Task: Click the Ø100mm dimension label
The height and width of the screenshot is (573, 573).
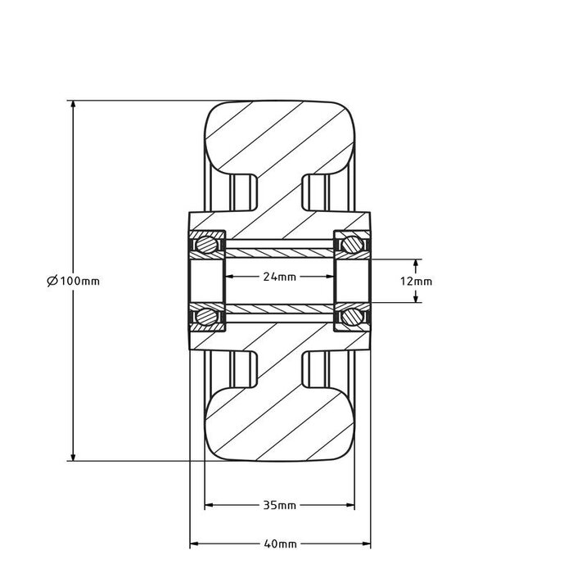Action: [x=74, y=281]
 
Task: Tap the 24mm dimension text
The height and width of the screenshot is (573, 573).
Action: [x=279, y=277]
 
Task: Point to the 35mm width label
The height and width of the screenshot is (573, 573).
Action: [x=279, y=506]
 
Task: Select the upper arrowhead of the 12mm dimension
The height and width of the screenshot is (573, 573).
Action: [x=416, y=264]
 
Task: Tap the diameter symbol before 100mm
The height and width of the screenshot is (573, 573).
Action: [x=52, y=281]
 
